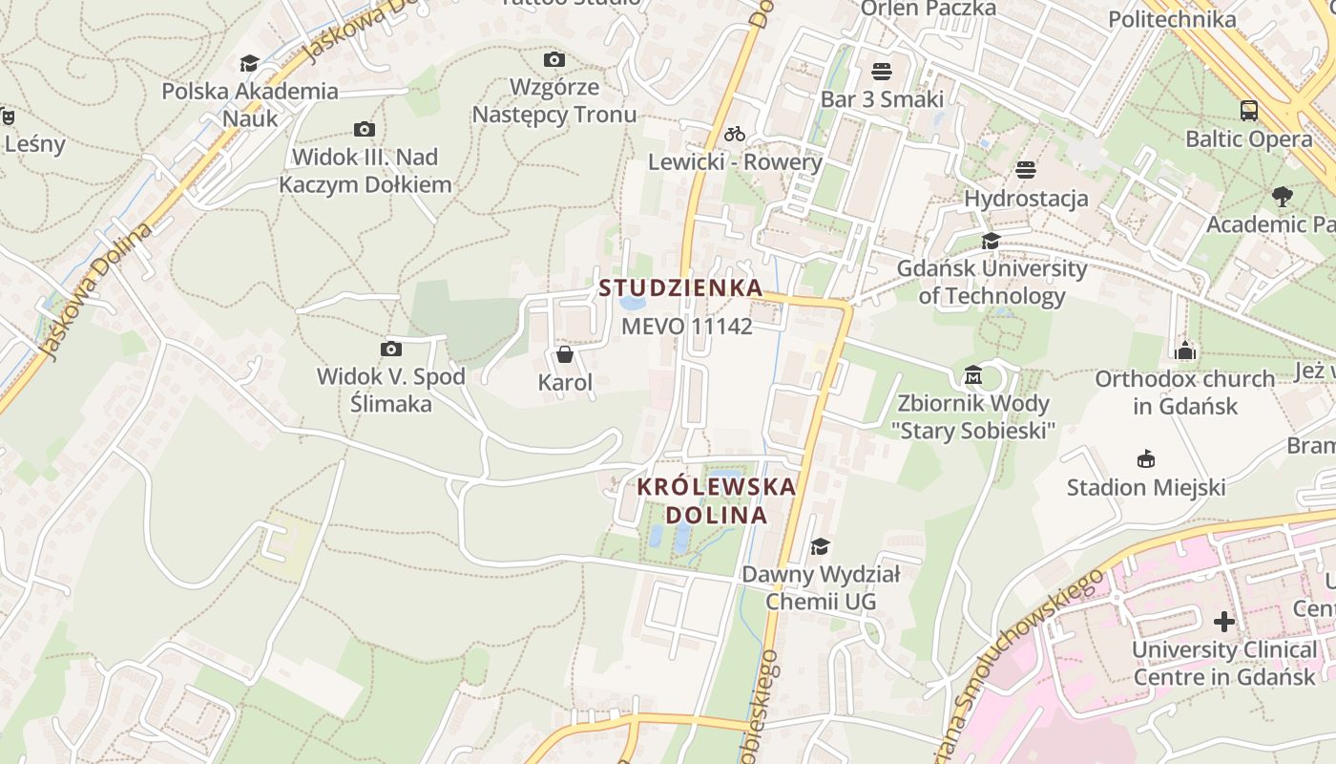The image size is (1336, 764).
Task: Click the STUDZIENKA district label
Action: (x=680, y=287)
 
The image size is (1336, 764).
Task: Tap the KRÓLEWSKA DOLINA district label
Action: (x=716, y=500)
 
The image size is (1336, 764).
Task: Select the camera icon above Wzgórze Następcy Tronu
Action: (x=553, y=59)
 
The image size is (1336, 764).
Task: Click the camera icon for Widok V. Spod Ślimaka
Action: (x=390, y=349)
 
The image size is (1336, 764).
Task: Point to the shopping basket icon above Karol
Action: (x=565, y=355)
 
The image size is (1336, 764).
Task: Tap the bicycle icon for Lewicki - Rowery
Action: (x=734, y=134)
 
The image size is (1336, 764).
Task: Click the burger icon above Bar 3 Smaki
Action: (x=881, y=72)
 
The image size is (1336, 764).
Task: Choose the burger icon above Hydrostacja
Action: (x=1026, y=170)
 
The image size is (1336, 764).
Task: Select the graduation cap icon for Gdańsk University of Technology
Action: (x=991, y=241)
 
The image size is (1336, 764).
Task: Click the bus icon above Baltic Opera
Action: (x=1248, y=111)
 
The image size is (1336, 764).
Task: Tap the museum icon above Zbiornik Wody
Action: (x=974, y=373)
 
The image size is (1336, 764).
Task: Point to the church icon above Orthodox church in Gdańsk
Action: (x=1185, y=350)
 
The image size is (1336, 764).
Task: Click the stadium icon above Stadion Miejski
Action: (x=1145, y=459)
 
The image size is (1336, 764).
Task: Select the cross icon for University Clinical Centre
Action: (x=1223, y=622)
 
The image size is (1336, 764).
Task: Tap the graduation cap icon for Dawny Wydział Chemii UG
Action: (x=820, y=546)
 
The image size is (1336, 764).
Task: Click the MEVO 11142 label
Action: (x=687, y=327)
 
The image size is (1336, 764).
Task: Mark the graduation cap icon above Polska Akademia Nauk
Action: (x=249, y=63)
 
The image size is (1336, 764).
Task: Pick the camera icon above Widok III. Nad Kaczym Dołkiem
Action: (x=364, y=129)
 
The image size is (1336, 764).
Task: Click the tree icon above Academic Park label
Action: (x=1282, y=197)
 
